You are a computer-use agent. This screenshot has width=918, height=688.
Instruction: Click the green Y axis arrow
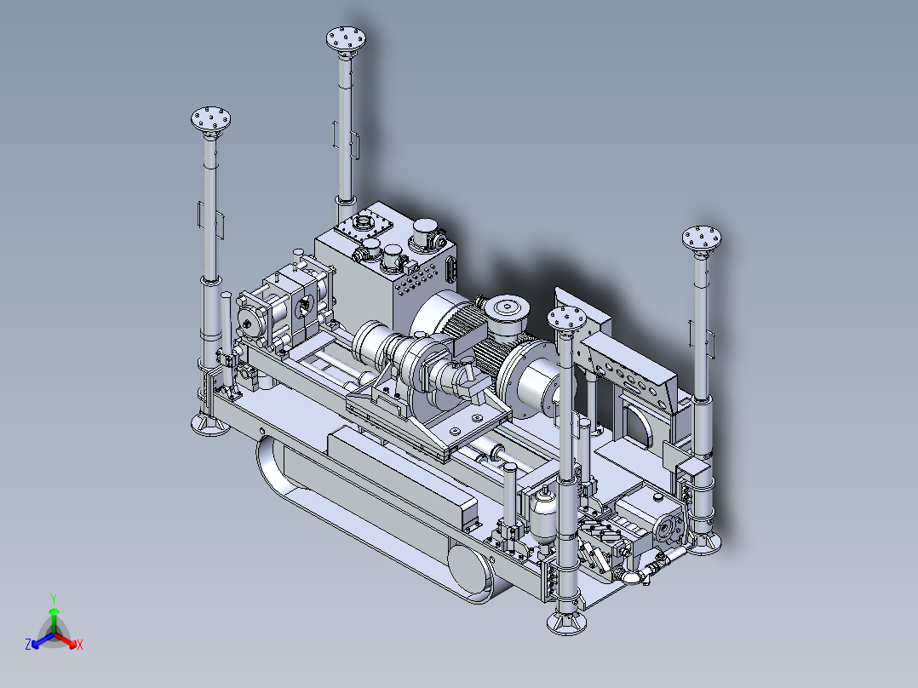click(x=54, y=620)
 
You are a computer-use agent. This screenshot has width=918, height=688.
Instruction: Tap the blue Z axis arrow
click(x=43, y=640)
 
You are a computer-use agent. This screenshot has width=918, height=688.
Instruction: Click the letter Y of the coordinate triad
click(x=54, y=599)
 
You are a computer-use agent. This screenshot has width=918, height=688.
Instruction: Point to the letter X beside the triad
click(x=80, y=645)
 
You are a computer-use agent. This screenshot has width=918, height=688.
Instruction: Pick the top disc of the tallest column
click(x=346, y=38)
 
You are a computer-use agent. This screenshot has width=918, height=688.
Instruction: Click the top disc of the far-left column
click(x=211, y=119)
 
